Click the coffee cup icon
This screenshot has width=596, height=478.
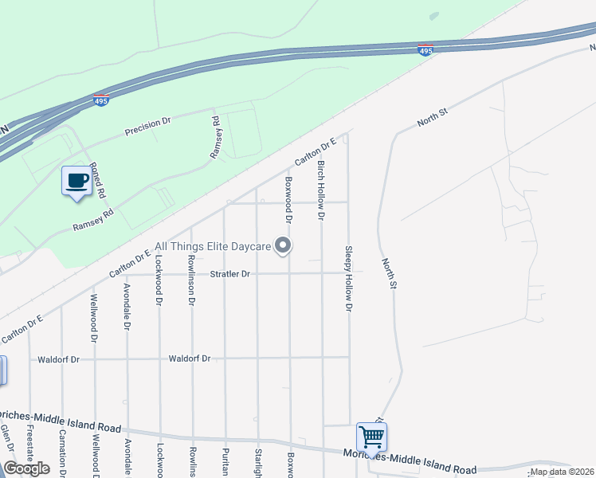pyautogui.click(x=76, y=180)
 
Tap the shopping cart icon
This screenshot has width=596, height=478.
pyautogui.click(x=371, y=437)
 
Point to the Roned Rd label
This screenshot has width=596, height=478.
pyautogui.click(x=97, y=179)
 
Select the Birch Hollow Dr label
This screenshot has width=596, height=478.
pyautogui.click(x=322, y=190)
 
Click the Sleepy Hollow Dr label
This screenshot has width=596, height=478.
pyautogui.click(x=348, y=277)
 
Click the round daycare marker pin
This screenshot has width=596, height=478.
pyautogui.click(x=283, y=247)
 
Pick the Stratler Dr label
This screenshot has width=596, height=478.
pyautogui.click(x=230, y=274)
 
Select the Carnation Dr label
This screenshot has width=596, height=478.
pyautogui.click(x=62, y=449)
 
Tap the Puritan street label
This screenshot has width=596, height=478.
pyautogui.click(x=225, y=460)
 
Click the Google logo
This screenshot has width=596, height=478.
pyautogui.click(x=27, y=468)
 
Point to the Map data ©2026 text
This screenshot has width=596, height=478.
pyautogui.click(x=561, y=472)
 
